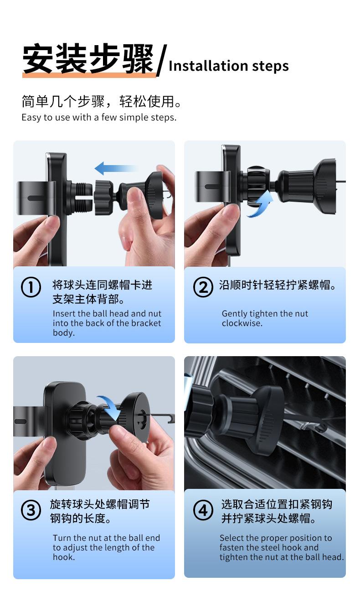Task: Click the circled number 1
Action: [31, 287]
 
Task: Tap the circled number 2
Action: [203, 287]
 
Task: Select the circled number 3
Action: [31, 510]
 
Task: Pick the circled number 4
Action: [203, 510]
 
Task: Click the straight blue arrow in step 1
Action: [115, 168]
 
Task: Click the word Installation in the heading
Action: [208, 66]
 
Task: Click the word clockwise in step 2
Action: [242, 323]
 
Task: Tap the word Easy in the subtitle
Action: [31, 118]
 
